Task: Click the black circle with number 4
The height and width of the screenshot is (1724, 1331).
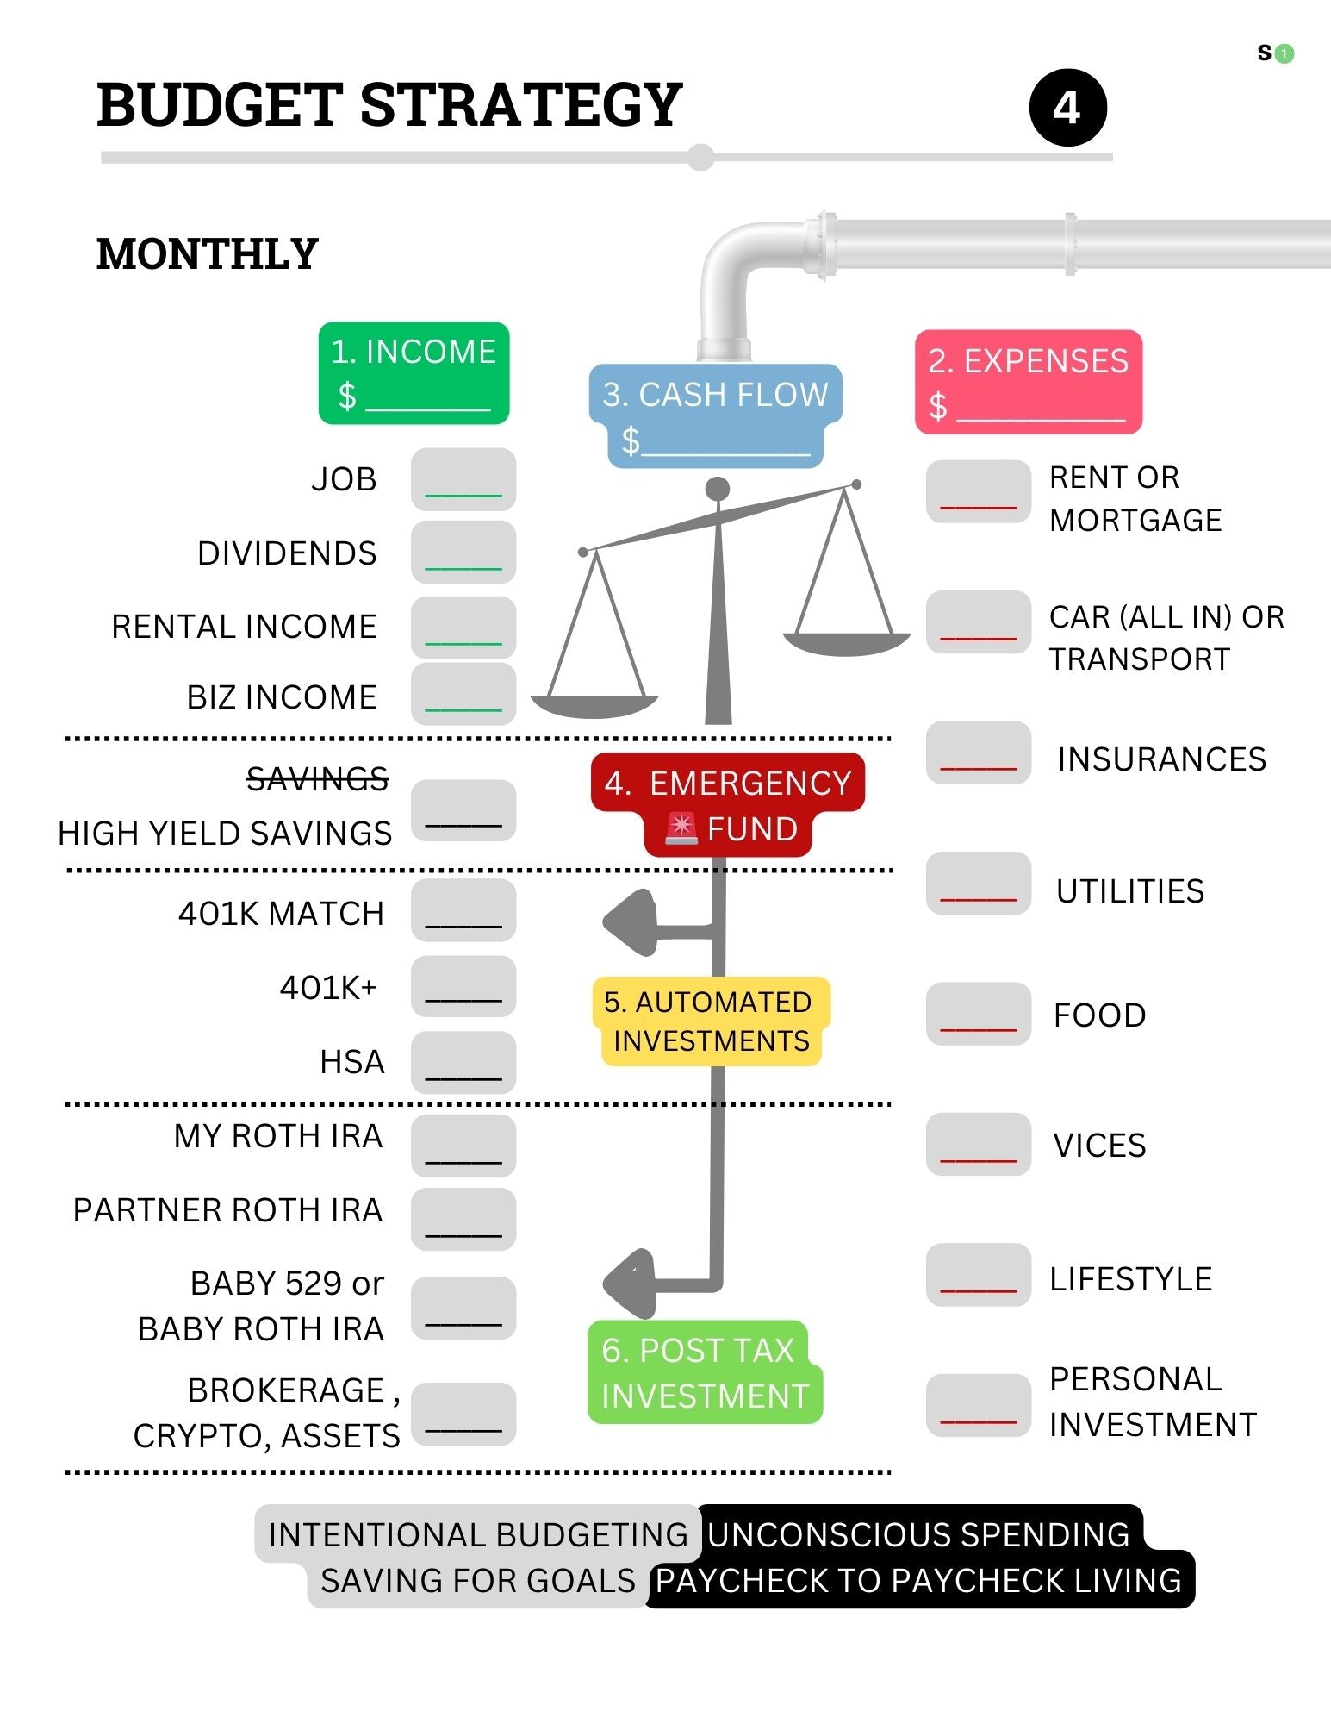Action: coord(1067,108)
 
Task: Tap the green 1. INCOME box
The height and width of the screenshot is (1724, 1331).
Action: coord(414,373)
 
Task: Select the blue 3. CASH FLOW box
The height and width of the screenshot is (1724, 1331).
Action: coord(715,416)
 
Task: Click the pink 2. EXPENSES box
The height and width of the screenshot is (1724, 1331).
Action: coord(1029,382)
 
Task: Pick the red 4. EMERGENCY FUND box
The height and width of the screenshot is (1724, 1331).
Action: coord(728,805)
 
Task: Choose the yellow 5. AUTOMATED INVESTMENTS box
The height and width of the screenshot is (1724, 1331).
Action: coord(712,1021)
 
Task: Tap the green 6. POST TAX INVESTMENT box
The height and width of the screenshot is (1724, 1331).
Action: coord(705,1372)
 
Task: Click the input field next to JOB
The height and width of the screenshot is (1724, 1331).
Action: coord(463,479)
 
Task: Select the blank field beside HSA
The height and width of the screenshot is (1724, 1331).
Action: coord(463,1062)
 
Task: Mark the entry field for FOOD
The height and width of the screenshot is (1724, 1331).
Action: coord(979,1014)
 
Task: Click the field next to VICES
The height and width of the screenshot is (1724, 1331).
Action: coord(979,1145)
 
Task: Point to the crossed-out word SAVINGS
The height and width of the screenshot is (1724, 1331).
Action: coord(318,779)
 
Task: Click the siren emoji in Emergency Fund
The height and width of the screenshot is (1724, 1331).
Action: coord(681,828)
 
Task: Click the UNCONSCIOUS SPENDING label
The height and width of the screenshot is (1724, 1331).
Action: coord(919,1535)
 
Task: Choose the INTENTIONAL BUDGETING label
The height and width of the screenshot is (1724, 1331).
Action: coord(478,1535)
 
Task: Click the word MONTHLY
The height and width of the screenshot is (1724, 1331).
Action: coord(208,254)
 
